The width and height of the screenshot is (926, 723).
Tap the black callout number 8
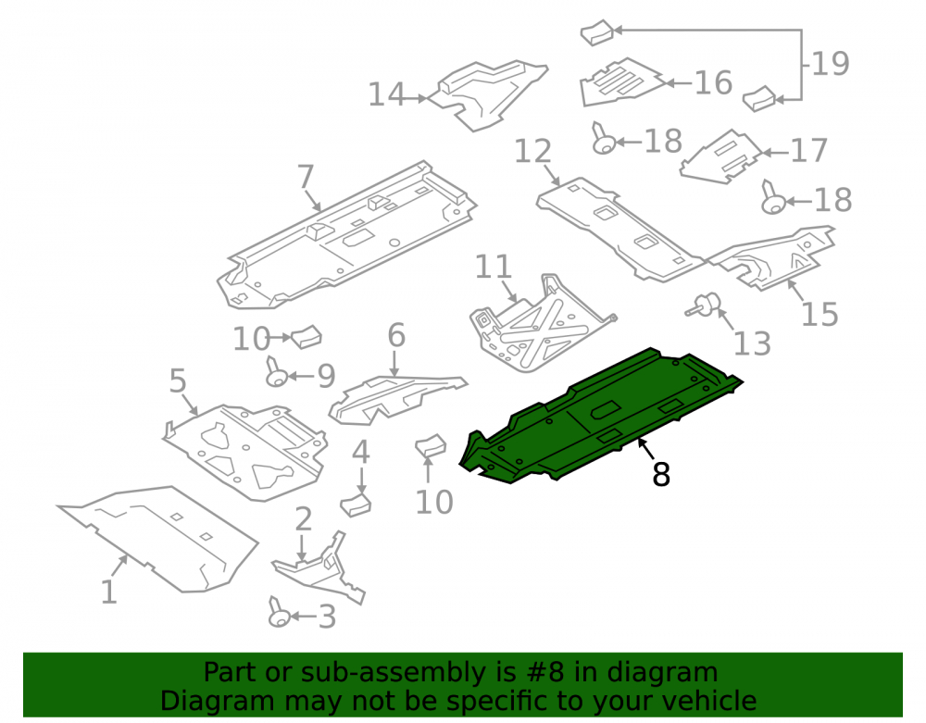pyautogui.click(x=661, y=474)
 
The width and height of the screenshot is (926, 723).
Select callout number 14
pyautogui.click(x=387, y=94)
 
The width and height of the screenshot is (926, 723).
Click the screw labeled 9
pyautogui.click(x=276, y=373)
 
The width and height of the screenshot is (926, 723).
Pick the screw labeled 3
pyautogui.click(x=278, y=613)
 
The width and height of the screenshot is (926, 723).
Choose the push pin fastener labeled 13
pyautogui.click(x=705, y=305)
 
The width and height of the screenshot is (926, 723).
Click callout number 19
pyautogui.click(x=831, y=64)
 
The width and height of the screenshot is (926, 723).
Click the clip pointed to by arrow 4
pyautogui.click(x=357, y=505)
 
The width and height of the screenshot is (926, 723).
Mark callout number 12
pyautogui.click(x=533, y=152)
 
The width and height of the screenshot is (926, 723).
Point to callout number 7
pyautogui.click(x=306, y=177)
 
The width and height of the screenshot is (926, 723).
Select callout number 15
pyautogui.click(x=820, y=314)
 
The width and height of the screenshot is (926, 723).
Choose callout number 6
pyautogui.click(x=396, y=335)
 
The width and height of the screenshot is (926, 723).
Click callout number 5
pyautogui.click(x=178, y=380)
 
